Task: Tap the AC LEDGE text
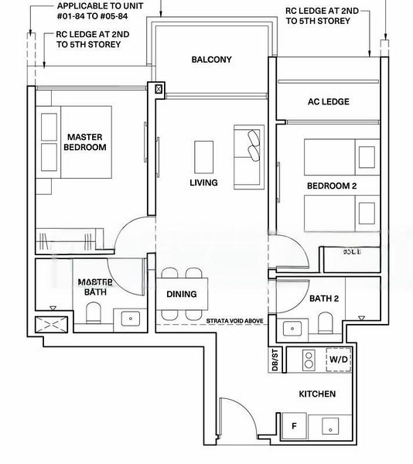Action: (329, 101)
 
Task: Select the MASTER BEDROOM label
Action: (85, 142)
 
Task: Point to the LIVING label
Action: (203, 183)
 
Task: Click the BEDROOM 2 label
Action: (331, 186)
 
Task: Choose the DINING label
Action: (182, 294)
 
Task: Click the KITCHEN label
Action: (317, 394)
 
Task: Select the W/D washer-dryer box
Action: (339, 360)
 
